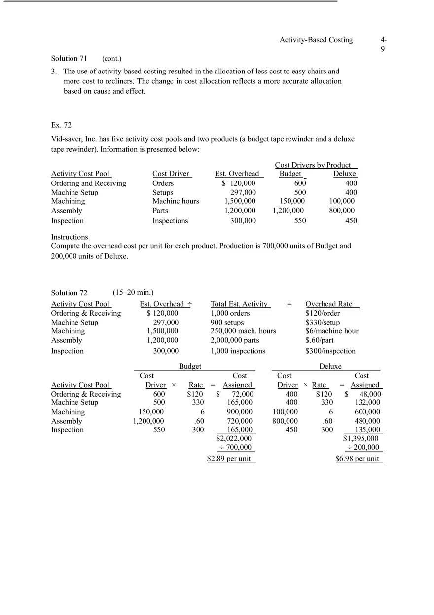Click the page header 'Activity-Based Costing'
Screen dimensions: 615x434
316,40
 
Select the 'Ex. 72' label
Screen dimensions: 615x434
62,125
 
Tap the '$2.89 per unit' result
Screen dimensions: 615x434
229,459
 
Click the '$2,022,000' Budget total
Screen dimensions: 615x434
234,438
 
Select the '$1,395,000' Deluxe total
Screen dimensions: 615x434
361,438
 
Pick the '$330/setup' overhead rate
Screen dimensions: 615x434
323,322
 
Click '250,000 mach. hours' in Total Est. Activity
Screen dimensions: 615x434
243,331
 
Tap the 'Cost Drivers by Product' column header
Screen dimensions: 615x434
313,165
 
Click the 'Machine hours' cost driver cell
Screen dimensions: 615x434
176,201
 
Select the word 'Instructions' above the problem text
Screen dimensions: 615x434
70,237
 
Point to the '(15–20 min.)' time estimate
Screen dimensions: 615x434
133,293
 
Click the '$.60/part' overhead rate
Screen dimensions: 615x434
320,340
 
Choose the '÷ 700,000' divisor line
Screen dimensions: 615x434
235,448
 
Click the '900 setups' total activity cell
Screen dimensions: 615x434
227,322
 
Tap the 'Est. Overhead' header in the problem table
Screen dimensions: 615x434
237,174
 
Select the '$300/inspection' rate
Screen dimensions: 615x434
330,351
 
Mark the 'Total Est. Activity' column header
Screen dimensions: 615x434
239,304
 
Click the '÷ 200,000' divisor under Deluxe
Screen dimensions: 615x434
363,448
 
